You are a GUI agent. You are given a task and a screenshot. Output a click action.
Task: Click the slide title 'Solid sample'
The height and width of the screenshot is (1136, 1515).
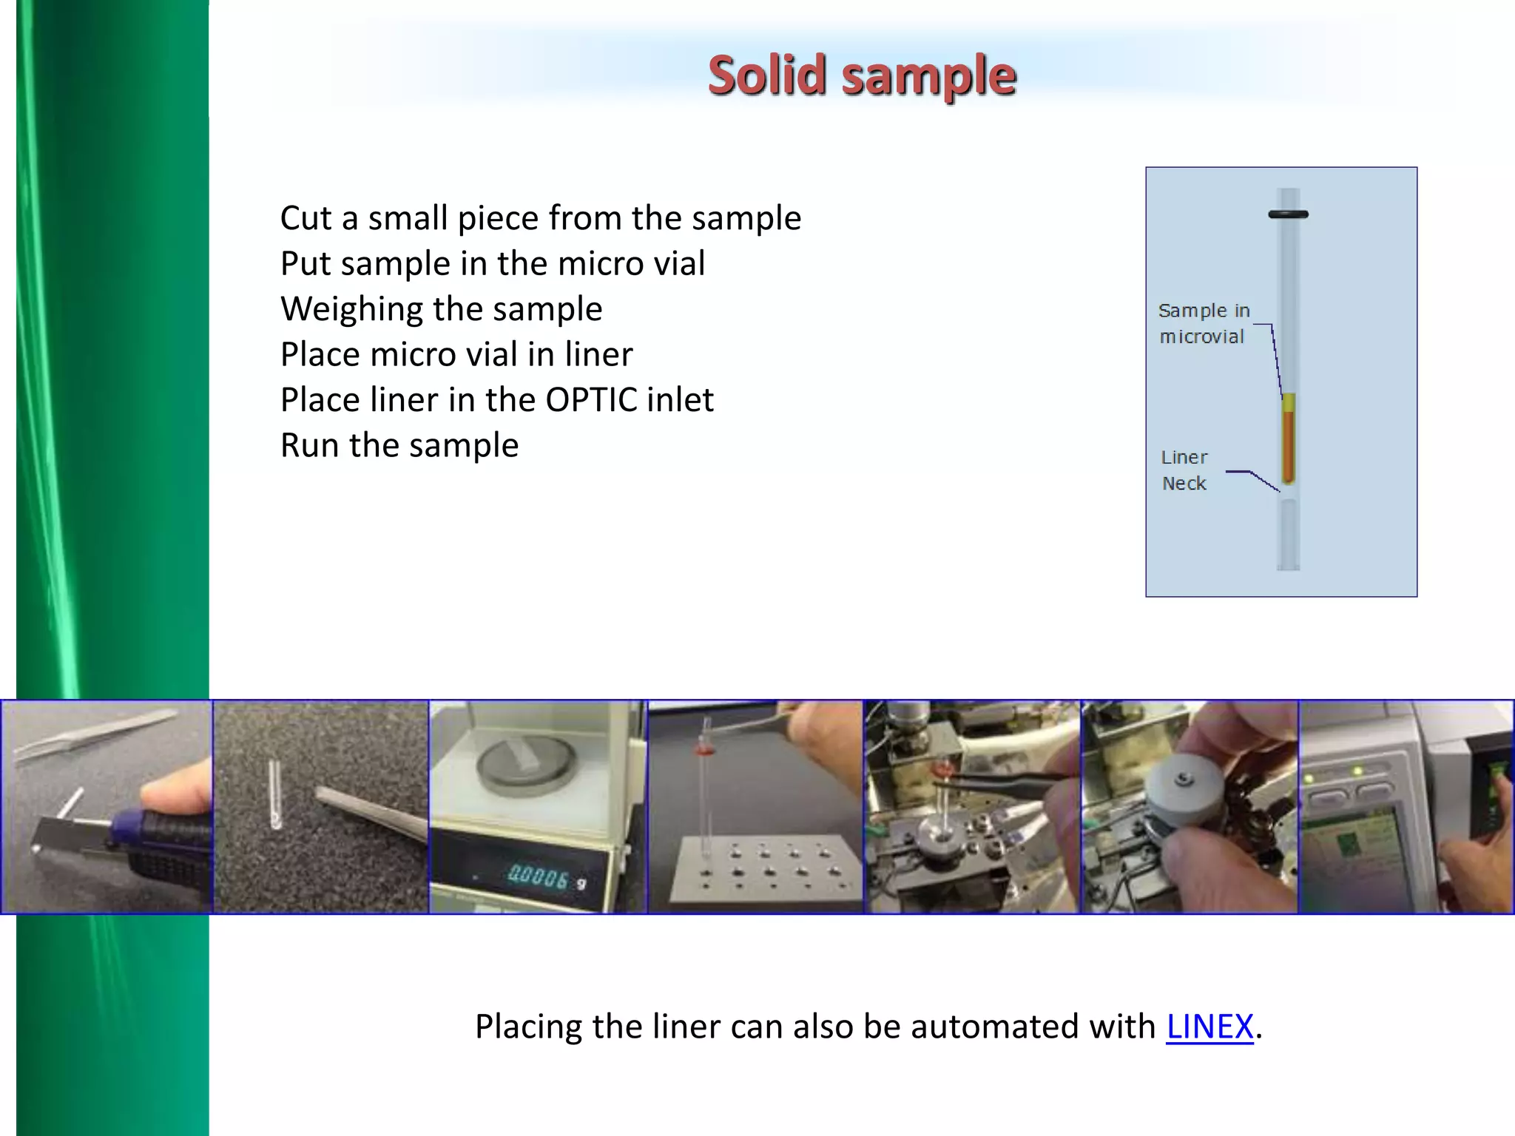click(x=862, y=75)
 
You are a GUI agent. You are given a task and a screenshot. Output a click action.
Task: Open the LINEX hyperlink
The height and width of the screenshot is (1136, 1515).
click(x=1209, y=1027)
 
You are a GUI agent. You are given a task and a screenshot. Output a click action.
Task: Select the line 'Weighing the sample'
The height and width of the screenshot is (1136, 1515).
click(x=441, y=309)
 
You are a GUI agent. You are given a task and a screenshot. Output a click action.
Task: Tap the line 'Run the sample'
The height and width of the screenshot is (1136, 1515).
click(x=399, y=445)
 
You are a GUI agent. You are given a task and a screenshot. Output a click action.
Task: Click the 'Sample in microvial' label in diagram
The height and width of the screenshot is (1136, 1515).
click(x=1204, y=323)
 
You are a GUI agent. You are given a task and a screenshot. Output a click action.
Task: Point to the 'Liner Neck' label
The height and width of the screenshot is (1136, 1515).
click(x=1184, y=470)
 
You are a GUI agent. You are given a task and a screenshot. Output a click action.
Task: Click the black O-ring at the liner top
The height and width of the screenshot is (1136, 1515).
click(x=1288, y=214)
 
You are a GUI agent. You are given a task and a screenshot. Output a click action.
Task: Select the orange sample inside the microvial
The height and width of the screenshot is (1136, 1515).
click(x=1288, y=444)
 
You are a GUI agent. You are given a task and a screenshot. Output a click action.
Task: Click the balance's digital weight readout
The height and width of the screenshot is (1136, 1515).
click(x=539, y=878)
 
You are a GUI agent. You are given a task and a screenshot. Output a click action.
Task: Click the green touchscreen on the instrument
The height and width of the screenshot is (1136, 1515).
click(x=1350, y=851)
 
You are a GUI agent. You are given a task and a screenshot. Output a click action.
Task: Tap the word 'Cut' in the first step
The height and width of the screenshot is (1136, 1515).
click(x=306, y=219)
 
